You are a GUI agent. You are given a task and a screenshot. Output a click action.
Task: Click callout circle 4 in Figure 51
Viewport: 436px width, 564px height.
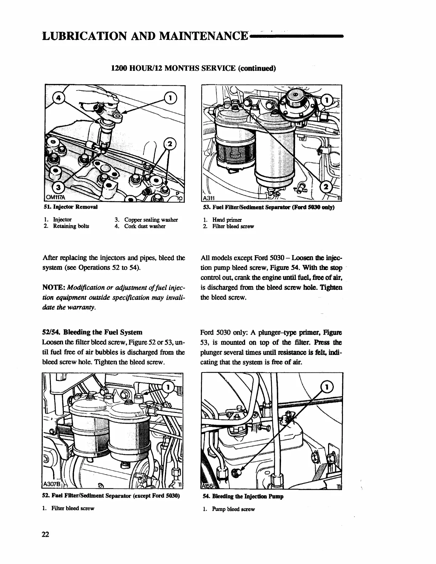(x=58, y=98)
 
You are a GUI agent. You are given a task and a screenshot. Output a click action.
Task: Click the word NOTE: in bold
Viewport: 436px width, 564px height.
(x=53, y=277)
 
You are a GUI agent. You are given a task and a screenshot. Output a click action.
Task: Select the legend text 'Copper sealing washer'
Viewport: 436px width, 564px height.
(x=151, y=219)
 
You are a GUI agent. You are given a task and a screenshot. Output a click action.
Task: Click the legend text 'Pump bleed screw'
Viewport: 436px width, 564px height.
(x=233, y=509)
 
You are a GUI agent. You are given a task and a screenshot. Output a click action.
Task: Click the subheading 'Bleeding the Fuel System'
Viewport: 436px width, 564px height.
(x=103, y=332)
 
